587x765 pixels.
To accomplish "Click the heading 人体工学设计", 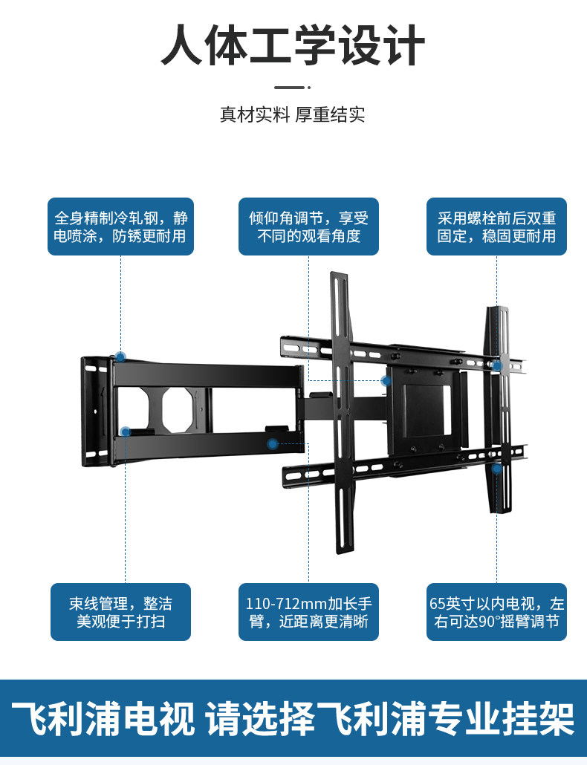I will [x=293, y=46].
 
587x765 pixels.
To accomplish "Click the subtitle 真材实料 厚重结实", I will [x=293, y=115].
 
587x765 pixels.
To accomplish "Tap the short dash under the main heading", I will [x=293, y=88].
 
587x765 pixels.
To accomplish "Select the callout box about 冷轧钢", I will [x=121, y=227].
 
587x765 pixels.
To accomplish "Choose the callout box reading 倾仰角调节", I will [x=308, y=227].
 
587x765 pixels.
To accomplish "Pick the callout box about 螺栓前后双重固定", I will [x=496, y=227].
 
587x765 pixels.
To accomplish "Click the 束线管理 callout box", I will [x=121, y=612].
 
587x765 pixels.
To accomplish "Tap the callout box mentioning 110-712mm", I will [x=308, y=612].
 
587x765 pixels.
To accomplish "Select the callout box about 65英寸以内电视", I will [x=496, y=612].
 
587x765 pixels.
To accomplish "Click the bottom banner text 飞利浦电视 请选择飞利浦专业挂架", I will [x=293, y=718].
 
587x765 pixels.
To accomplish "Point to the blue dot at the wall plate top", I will [x=120, y=357].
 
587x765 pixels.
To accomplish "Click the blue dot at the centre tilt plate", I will [x=386, y=381].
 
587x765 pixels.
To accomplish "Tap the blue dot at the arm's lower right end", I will [x=273, y=444].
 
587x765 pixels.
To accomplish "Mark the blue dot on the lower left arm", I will [x=126, y=432].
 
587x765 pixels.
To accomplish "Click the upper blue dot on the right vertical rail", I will [x=497, y=365].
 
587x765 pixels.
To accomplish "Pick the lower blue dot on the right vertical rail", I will [x=497, y=469].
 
